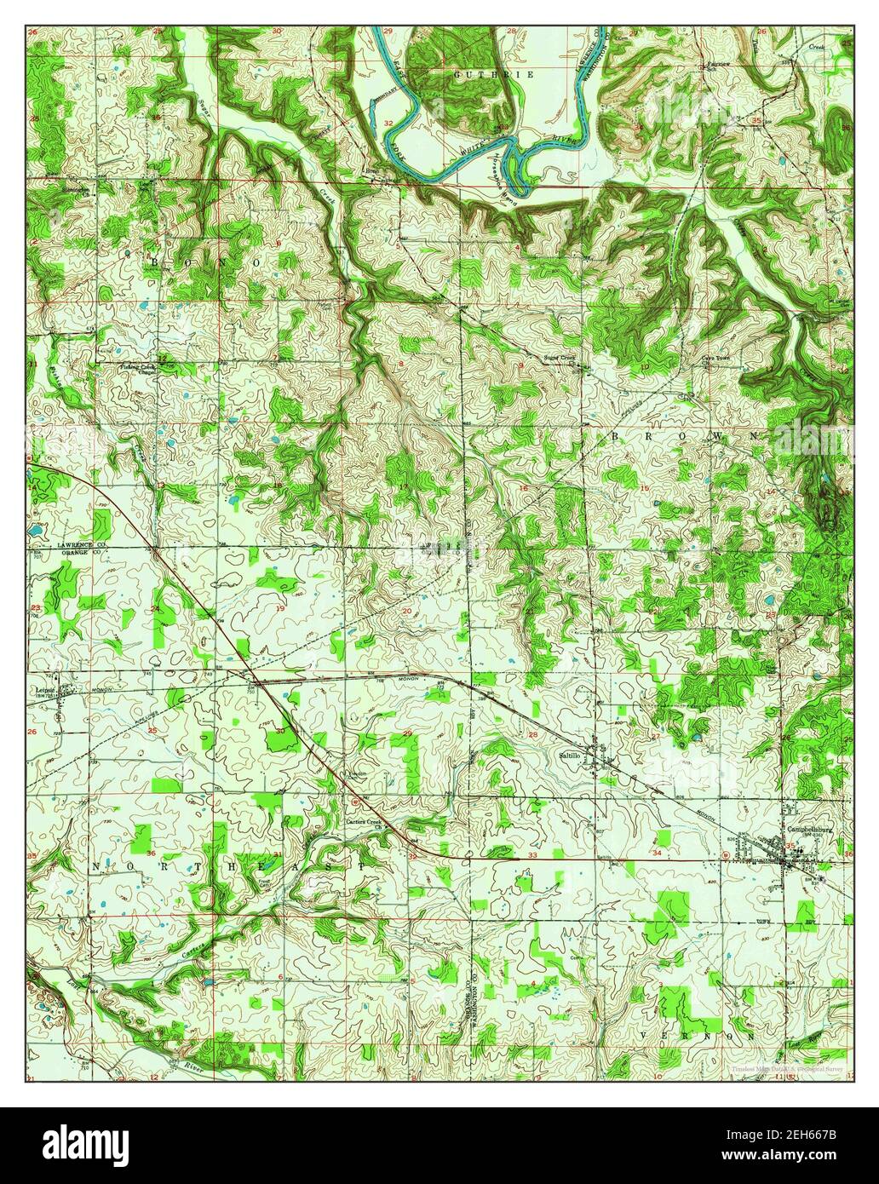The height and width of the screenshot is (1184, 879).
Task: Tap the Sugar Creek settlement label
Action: click(x=560, y=358)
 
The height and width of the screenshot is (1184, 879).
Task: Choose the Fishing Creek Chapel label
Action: click(x=136, y=369)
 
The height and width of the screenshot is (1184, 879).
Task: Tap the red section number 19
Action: click(x=281, y=610)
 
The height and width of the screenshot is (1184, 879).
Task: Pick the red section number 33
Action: click(x=532, y=854)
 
